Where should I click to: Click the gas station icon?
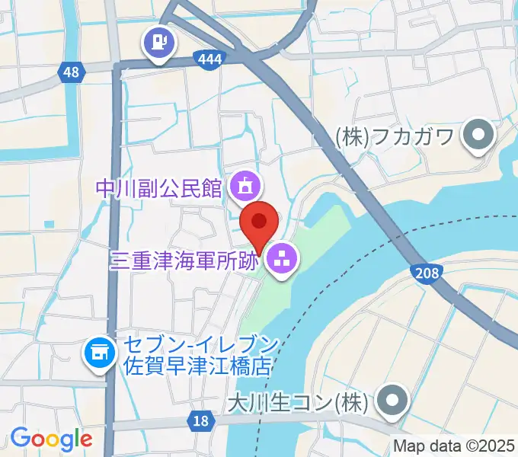(159, 39)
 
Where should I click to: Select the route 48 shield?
(70, 72)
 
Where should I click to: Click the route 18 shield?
(200, 420)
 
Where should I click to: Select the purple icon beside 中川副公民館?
(246, 184)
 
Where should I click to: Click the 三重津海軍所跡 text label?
(185, 260)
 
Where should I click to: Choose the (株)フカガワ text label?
(395, 137)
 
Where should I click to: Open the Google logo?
(51, 438)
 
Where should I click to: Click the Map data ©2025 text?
(454, 446)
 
